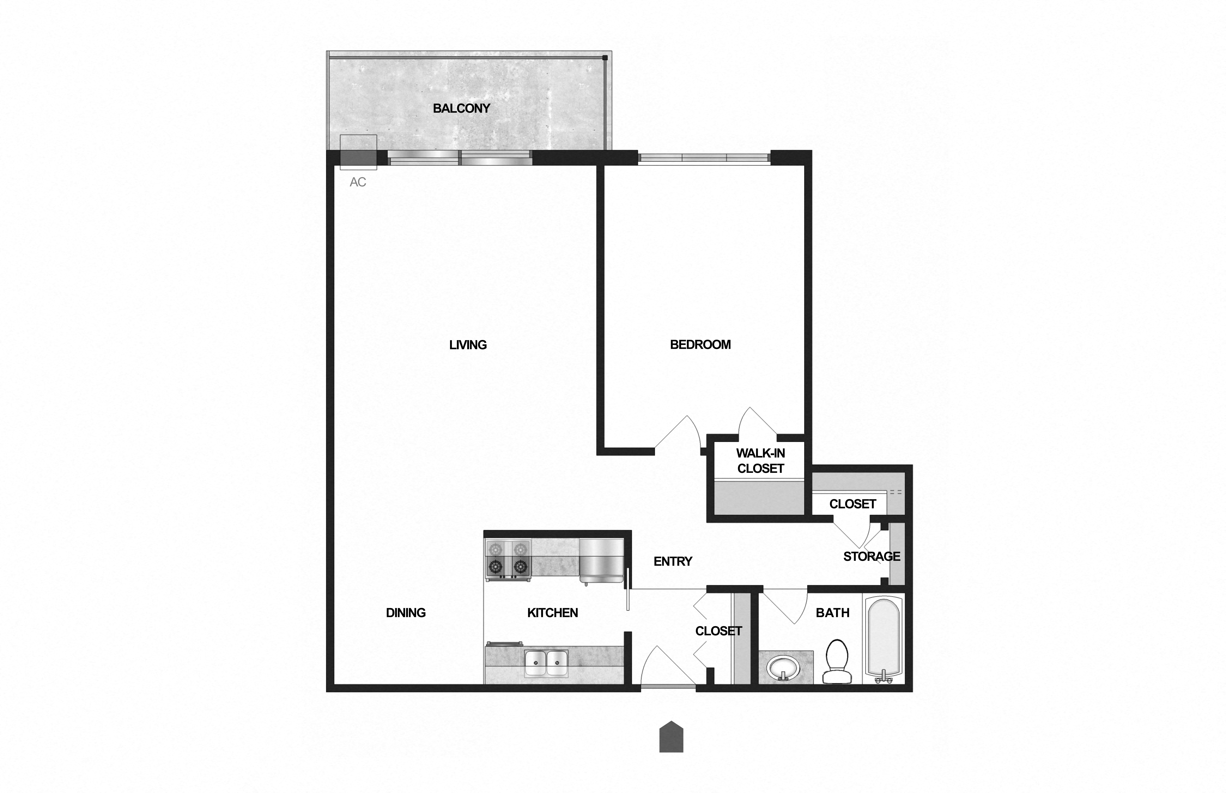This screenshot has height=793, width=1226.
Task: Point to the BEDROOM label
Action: [x=700, y=344]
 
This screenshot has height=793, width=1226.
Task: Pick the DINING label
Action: [x=406, y=613]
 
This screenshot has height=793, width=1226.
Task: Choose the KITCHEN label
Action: [x=552, y=613]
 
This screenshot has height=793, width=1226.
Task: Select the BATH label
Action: [x=833, y=613]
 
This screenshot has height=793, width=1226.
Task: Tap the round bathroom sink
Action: [x=783, y=668]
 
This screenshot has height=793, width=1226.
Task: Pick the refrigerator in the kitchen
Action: [x=601, y=560]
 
